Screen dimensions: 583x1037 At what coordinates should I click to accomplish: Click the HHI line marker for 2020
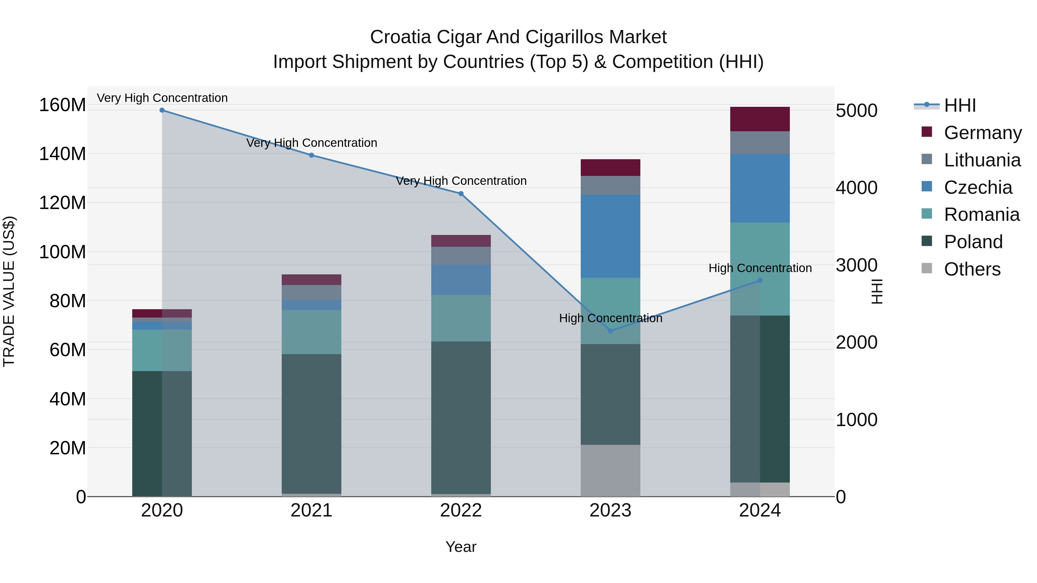(162, 110)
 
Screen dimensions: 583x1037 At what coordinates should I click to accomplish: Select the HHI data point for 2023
(610, 331)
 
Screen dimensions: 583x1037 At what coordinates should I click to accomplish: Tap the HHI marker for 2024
(760, 280)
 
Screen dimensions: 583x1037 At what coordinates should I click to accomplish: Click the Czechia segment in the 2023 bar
(610, 236)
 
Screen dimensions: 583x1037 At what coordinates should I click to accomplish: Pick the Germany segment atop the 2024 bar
(760, 119)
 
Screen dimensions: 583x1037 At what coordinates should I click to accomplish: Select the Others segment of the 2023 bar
(610, 470)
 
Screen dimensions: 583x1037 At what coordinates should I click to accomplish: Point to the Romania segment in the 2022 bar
(461, 318)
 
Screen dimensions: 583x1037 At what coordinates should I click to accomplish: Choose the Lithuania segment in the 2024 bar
(760, 143)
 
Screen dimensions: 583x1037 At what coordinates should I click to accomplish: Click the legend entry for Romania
(981, 214)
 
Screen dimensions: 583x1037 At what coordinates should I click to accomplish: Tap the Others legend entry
(972, 269)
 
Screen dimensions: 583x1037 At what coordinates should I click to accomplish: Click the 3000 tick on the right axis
(856, 265)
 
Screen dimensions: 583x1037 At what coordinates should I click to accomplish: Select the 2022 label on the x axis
(461, 510)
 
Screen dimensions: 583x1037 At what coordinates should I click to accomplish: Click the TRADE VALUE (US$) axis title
(9, 291)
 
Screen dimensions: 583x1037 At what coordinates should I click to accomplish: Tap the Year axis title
(461, 547)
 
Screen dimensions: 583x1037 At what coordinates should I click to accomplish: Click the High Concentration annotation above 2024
(760, 268)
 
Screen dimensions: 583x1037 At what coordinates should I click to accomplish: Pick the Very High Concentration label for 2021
(311, 143)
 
